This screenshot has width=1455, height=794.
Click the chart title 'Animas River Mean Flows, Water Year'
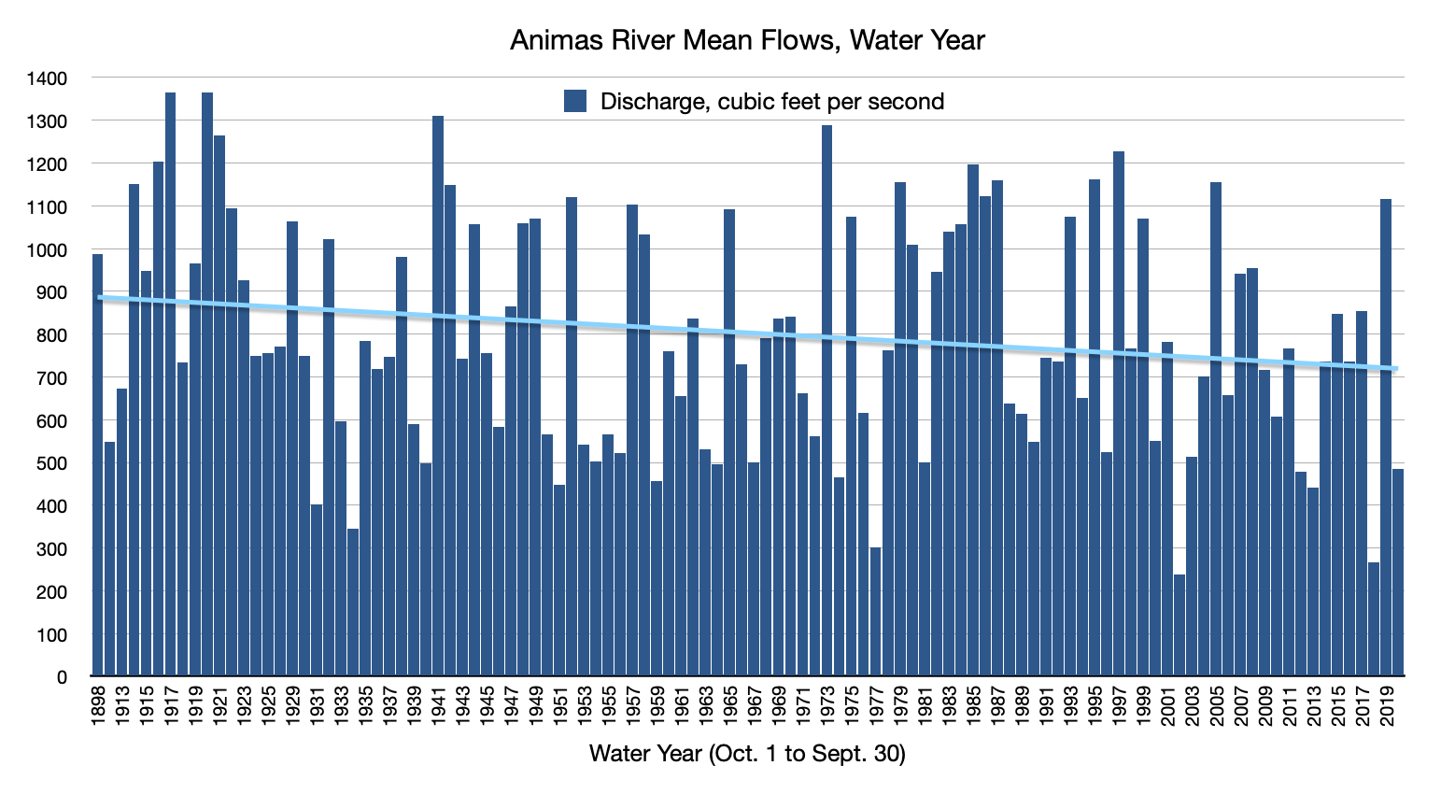pos(747,40)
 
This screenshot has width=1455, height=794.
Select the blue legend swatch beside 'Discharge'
pos(575,101)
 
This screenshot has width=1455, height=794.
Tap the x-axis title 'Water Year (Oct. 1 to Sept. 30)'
pos(747,753)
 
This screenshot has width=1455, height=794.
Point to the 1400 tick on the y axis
pos(47,78)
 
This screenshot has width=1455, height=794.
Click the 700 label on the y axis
pos(51,377)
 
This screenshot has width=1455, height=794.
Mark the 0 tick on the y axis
pos(62,676)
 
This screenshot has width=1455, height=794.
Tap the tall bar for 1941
pos(438,392)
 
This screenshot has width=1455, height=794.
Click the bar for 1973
pos(826,402)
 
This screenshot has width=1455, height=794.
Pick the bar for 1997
pos(1119,411)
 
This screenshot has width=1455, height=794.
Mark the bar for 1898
pos(97,467)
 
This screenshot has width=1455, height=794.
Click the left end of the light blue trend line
pos(99,297)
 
